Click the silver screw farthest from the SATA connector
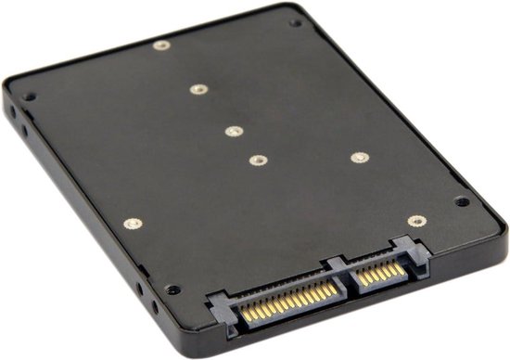coord(162,45)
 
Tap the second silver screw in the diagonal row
coord(198,90)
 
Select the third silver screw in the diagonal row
coord(233,131)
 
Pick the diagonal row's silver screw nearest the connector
coord(257,160)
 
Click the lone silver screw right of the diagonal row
coord(359,157)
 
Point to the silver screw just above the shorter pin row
coord(416,221)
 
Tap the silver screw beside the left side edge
coord(132,224)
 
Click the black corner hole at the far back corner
coord(295,23)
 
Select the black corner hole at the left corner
coord(30,96)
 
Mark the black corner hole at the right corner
coord(460,200)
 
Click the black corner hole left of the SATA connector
coord(172,289)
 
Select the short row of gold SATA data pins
coord(380,273)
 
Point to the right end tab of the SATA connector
coord(408,249)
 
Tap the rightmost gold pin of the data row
coord(401,267)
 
